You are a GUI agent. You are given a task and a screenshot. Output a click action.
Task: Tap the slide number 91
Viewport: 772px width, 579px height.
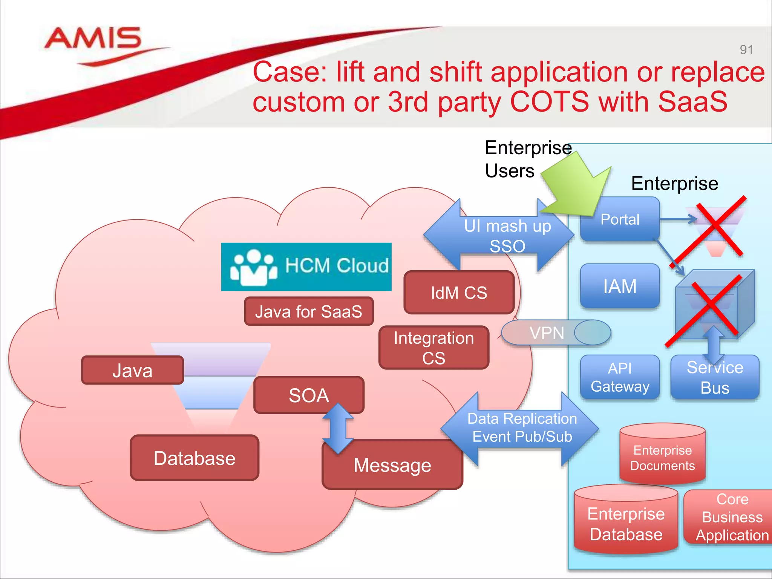click(x=746, y=50)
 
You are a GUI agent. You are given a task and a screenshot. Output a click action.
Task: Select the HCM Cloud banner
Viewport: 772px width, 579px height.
click(x=306, y=267)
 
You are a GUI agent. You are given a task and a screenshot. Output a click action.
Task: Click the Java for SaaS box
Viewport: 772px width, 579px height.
click(x=308, y=311)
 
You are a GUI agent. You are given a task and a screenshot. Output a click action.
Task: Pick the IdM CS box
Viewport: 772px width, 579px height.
click(x=459, y=293)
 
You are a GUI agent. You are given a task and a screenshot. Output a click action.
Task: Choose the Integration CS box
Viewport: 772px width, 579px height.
click(x=433, y=348)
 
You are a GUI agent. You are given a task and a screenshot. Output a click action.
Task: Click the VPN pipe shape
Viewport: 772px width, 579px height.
click(x=555, y=332)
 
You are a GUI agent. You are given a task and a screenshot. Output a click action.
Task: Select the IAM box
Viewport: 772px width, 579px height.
click(x=620, y=286)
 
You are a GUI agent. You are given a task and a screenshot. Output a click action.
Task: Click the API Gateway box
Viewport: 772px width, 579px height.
click(x=620, y=377)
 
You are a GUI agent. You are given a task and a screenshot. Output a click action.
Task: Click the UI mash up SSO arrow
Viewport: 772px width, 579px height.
click(x=498, y=236)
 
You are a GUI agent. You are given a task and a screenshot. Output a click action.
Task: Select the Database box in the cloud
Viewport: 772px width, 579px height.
click(x=195, y=458)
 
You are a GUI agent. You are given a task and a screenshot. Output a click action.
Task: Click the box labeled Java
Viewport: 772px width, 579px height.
click(x=132, y=370)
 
